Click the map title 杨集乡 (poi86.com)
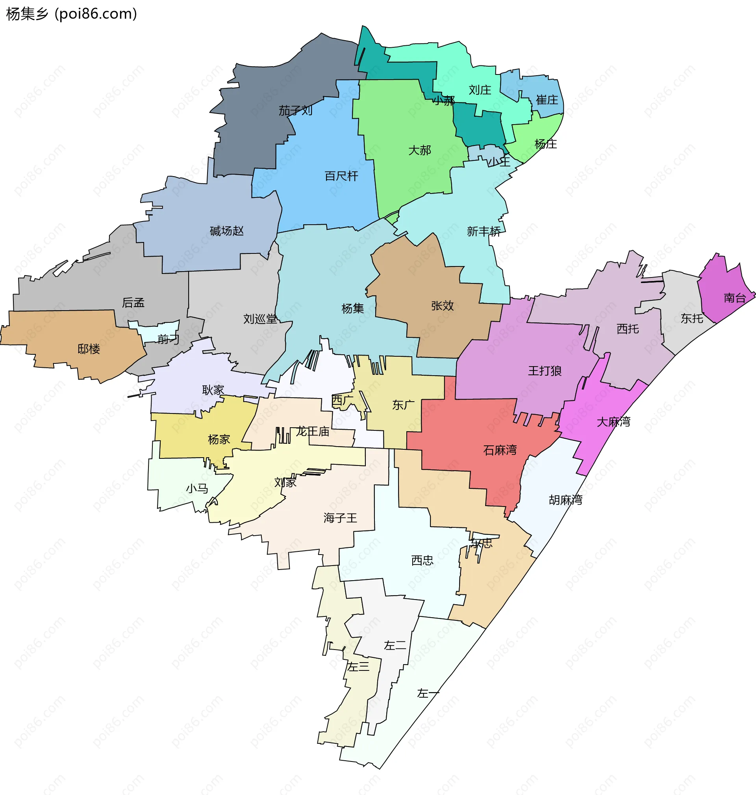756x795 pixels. coord(72,14)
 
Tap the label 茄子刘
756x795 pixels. coord(295,110)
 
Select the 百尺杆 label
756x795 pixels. coord(341,176)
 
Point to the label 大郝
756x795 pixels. coord(419,151)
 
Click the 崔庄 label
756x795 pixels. coord(547,100)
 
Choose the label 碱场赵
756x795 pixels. coord(226,231)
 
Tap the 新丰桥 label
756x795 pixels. coord(484,231)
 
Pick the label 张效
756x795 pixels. coord(443,306)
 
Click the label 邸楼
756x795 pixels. coord(89,349)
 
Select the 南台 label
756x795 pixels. coord(735,298)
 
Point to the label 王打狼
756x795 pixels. coord(545,371)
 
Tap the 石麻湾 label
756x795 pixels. coord(500,450)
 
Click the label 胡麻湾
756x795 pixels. coord(565,500)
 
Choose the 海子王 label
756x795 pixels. coord(340,518)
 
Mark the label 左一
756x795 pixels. coord(428,693)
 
